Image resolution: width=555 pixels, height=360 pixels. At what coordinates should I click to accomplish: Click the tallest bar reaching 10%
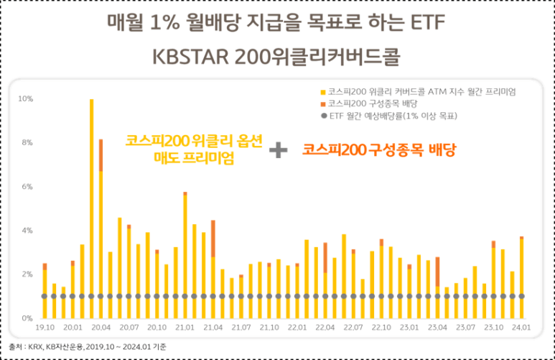click(91, 208)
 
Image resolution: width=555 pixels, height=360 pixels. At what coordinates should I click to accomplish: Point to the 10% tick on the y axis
click(25, 98)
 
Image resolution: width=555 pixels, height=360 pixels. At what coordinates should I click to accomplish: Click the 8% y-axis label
click(27, 142)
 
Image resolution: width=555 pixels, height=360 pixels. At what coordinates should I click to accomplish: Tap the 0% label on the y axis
click(27, 318)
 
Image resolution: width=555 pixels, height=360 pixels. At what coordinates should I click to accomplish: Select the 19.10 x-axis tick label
click(45, 327)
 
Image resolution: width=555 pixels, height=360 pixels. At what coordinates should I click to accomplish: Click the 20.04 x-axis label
click(101, 327)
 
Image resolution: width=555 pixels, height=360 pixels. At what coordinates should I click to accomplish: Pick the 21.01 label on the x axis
click(185, 327)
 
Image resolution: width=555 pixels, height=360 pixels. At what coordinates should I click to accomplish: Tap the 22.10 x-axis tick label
click(381, 327)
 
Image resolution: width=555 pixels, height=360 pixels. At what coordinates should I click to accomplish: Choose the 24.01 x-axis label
click(521, 327)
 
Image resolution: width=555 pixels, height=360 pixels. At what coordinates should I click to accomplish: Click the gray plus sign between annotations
click(278, 150)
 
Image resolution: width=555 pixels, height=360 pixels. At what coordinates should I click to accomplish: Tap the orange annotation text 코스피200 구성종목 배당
click(379, 149)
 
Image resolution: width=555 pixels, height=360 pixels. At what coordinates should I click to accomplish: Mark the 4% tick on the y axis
click(27, 231)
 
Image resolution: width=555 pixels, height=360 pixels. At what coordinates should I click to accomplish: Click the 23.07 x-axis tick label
click(465, 327)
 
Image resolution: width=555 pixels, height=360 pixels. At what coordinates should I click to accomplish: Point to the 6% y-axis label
click(27, 187)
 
